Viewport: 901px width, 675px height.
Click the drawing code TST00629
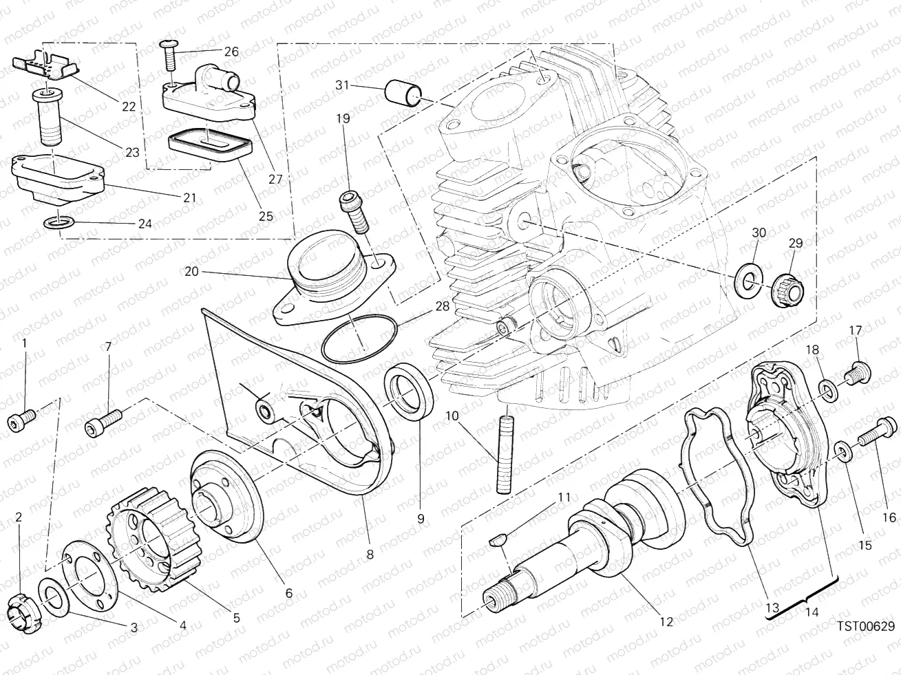pos(866,625)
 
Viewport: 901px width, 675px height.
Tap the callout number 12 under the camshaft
pos(665,621)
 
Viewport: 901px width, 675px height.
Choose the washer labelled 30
pos(748,278)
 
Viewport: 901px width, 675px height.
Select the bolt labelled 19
pos(354,212)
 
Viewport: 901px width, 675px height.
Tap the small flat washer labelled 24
pos(56,223)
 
